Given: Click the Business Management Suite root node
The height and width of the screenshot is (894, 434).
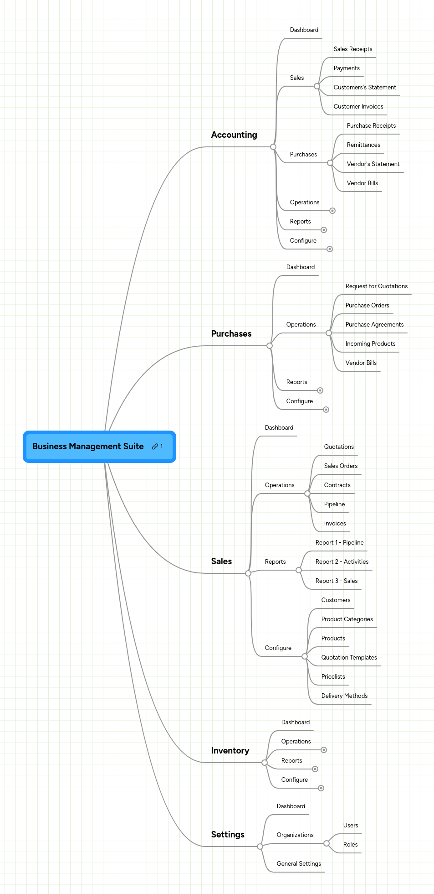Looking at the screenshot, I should tap(88, 447).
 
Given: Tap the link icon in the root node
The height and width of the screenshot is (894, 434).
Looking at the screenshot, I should tap(155, 447).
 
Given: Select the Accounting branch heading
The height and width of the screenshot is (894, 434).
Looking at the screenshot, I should tap(234, 135).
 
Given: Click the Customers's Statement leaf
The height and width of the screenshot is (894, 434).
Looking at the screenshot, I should tap(364, 88).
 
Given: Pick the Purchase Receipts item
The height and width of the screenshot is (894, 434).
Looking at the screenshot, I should tap(371, 126).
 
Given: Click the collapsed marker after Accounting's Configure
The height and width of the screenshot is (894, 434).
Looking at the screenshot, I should tap(330, 249).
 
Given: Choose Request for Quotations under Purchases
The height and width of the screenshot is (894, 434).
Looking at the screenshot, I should tap(376, 286).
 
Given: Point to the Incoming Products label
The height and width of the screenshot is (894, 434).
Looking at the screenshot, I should tap(370, 344).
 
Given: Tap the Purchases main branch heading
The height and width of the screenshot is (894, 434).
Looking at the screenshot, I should tap(231, 334).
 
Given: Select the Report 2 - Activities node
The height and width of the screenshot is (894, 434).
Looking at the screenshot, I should tap(342, 562).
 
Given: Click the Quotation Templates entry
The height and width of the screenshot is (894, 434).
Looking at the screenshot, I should tap(349, 658).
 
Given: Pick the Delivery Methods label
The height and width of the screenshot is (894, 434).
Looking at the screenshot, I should tap(344, 696).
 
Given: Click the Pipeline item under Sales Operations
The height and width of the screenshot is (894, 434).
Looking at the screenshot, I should tap(334, 504).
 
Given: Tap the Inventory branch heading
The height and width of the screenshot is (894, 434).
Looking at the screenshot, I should tap(230, 751).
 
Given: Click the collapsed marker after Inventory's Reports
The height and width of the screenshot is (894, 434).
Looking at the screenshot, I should tap(315, 769).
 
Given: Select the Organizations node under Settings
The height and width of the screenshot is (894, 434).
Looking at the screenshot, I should tap(295, 835).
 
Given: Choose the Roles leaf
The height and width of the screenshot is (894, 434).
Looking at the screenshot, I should tap(350, 845).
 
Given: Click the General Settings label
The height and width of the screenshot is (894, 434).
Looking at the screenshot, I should tap(299, 864).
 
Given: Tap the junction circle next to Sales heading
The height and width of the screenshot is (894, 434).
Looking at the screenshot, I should tap(248, 573).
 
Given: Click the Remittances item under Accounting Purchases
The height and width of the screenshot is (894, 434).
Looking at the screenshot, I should tap(363, 145).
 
